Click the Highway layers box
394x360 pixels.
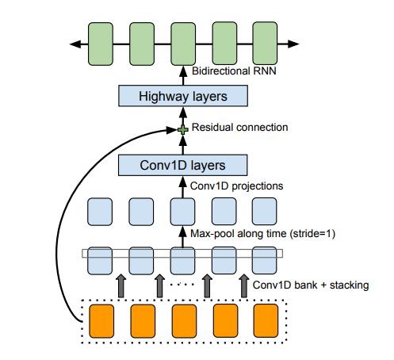point(183,96)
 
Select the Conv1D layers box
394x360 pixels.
point(182,165)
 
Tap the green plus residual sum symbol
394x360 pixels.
point(183,130)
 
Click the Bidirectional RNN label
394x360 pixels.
point(234,71)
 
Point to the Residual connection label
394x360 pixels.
point(239,127)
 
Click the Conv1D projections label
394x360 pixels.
point(236,186)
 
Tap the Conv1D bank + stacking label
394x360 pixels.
point(311,285)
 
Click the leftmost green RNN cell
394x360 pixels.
point(101,44)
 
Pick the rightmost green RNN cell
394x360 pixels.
point(265,44)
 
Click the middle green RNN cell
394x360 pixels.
point(183,44)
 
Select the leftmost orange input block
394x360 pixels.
point(101,321)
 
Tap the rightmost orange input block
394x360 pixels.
point(266,320)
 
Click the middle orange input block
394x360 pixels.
point(184,321)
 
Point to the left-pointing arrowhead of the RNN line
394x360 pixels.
point(75,44)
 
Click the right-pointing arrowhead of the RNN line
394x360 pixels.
point(293,44)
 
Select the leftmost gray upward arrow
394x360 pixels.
point(121,286)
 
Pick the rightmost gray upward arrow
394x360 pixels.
point(244,286)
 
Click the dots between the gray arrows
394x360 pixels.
point(182,285)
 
